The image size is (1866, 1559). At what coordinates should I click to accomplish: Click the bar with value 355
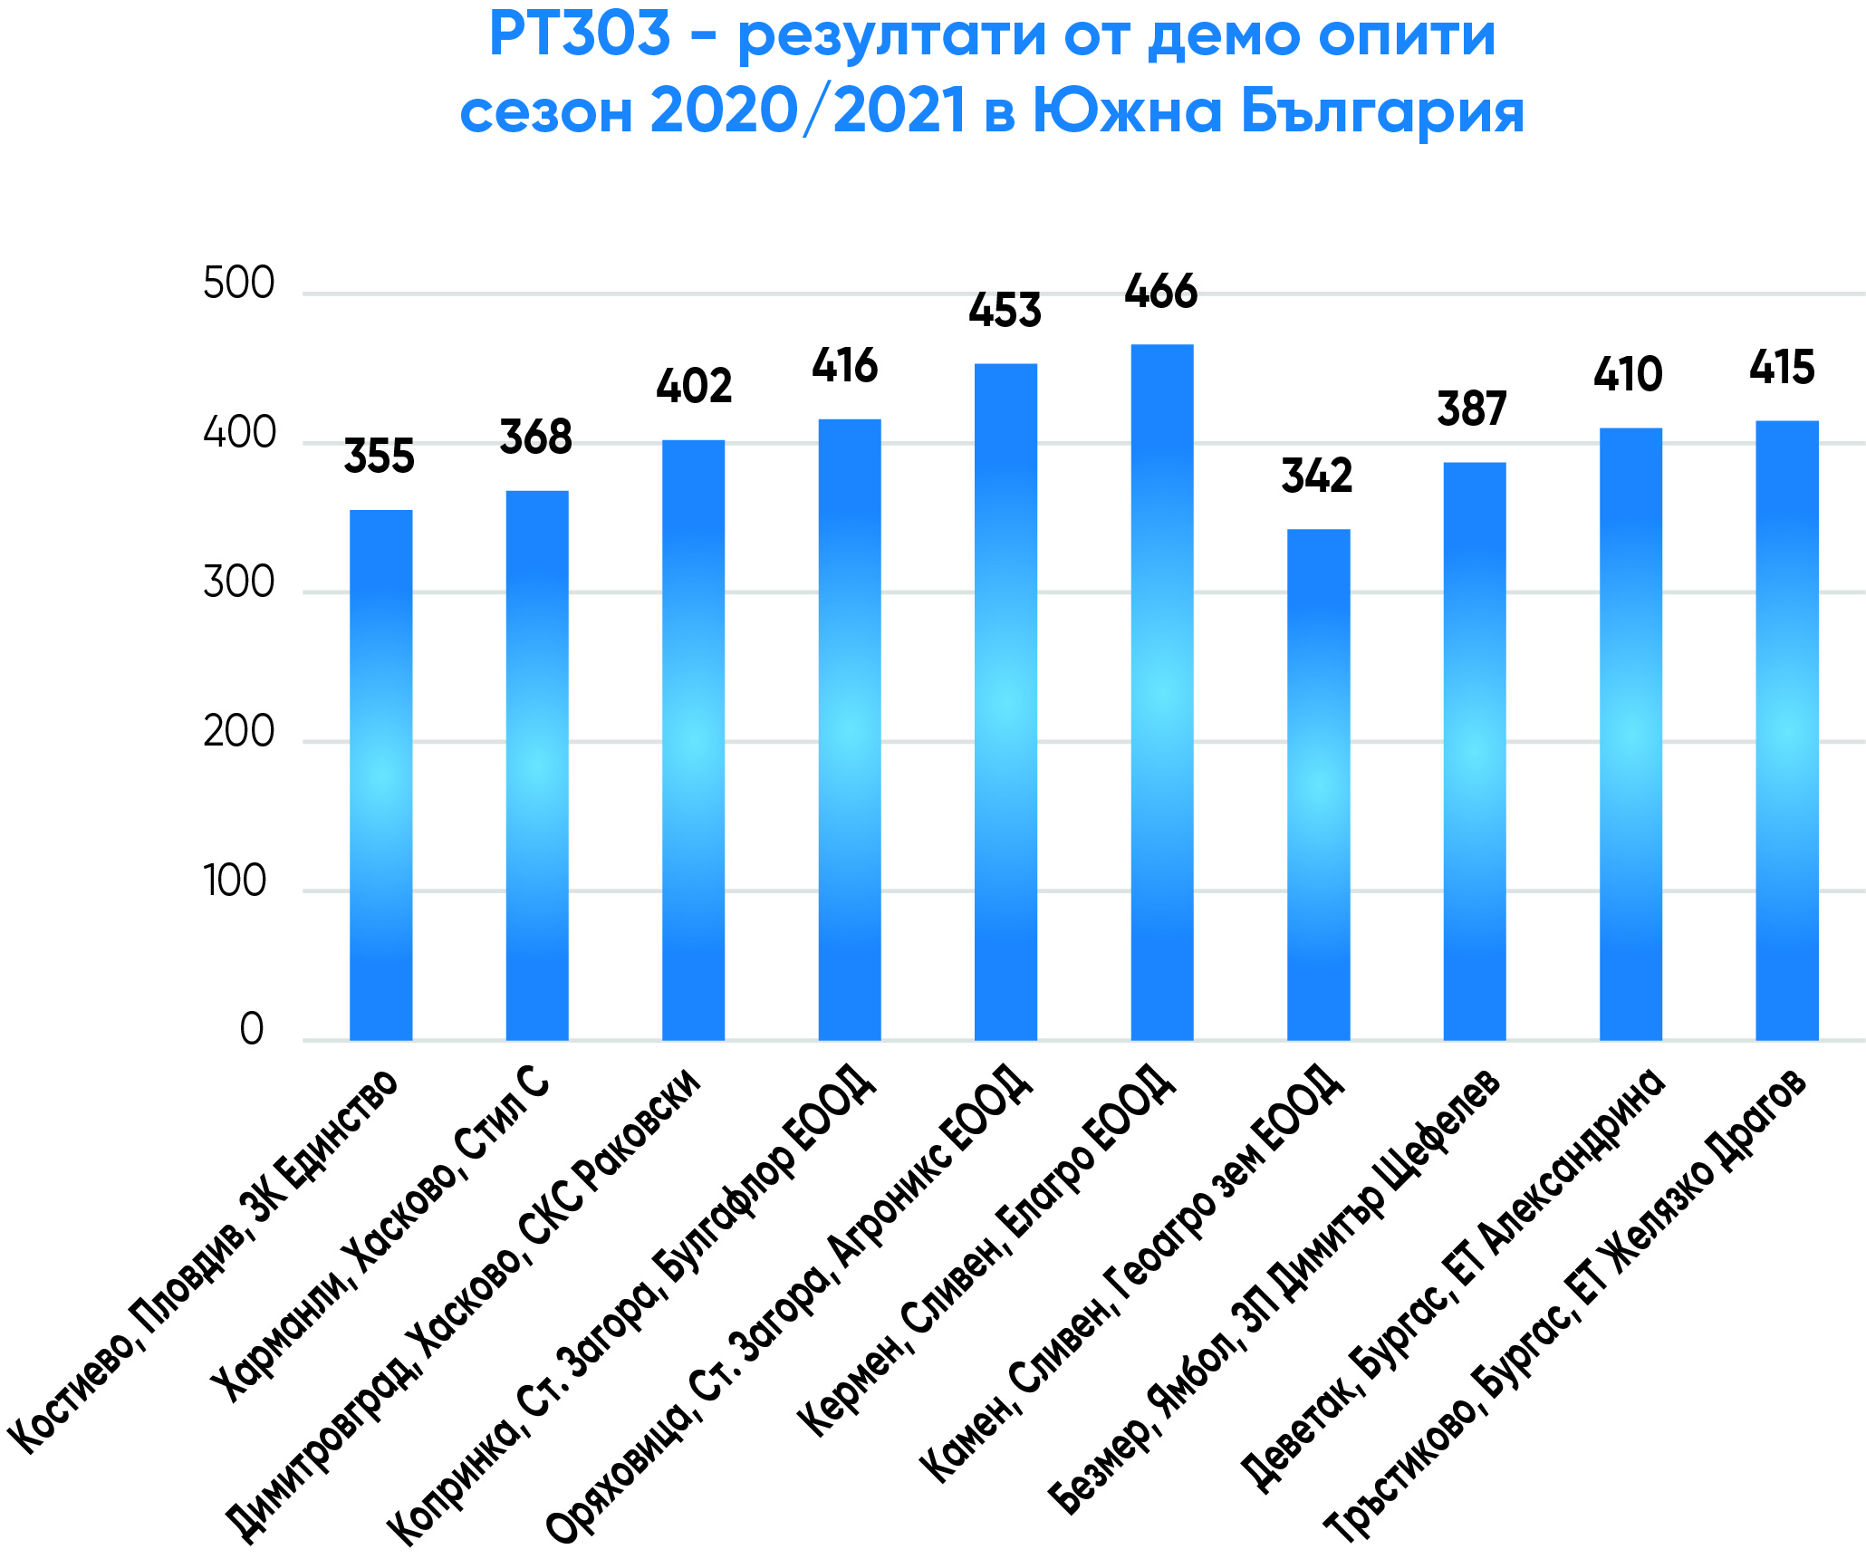tap(380, 775)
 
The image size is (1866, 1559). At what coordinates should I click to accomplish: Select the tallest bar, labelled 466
tap(1162, 692)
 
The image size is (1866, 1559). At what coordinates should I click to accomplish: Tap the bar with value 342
tap(1318, 784)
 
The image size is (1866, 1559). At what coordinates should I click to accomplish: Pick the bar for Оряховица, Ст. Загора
tap(1005, 701)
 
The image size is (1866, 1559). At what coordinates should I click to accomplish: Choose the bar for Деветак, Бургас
tap(1630, 734)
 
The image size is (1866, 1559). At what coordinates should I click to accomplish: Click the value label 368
tap(535, 438)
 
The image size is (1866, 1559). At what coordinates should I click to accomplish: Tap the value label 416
tap(845, 366)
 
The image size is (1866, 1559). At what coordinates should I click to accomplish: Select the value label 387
tap(1472, 409)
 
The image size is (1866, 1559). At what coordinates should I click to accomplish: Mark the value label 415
tap(1782, 368)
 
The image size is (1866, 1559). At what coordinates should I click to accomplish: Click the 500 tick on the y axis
tap(238, 284)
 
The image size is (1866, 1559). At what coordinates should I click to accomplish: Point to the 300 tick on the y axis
tap(238, 582)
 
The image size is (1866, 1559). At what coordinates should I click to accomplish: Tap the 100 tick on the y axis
tap(236, 881)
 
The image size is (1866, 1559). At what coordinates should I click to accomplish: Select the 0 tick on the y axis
tap(252, 1030)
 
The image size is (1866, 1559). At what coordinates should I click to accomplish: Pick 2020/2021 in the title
tap(807, 111)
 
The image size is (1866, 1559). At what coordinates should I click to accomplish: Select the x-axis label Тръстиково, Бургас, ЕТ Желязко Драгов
tap(1567, 1304)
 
